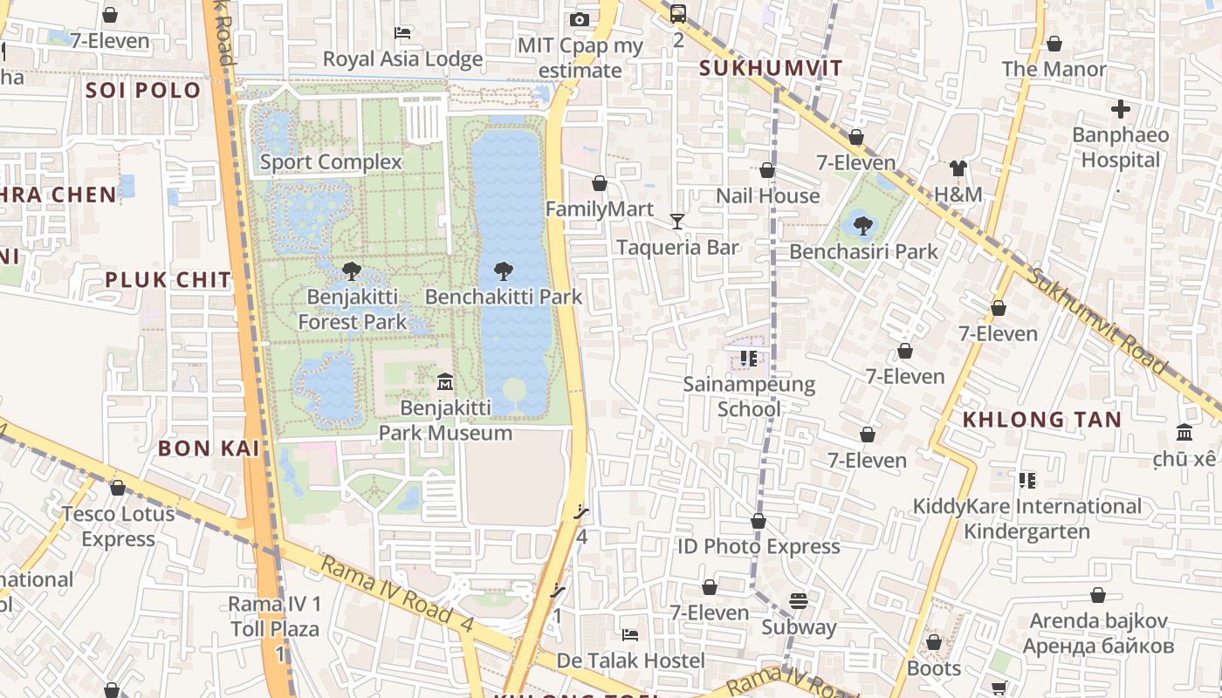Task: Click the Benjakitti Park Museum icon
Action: (x=445, y=381)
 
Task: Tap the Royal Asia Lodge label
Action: (x=402, y=59)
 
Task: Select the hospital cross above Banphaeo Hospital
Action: (x=1121, y=109)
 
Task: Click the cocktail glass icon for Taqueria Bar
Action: (x=676, y=221)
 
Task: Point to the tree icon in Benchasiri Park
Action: (x=863, y=225)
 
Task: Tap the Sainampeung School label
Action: (x=749, y=396)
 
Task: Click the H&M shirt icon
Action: (x=958, y=168)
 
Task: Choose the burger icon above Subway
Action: (x=798, y=600)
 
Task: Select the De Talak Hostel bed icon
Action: (x=629, y=633)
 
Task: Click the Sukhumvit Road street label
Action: (x=1096, y=318)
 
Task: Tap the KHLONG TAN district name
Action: (x=1041, y=420)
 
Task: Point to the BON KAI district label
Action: (x=209, y=448)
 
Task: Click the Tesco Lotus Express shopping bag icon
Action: (x=118, y=487)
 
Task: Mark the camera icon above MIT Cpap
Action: (x=579, y=19)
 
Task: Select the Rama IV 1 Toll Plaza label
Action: (x=275, y=616)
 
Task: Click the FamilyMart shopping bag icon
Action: (x=600, y=183)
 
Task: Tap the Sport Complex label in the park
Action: (x=331, y=162)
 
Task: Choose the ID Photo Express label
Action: (x=759, y=547)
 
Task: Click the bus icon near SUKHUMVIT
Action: (x=678, y=13)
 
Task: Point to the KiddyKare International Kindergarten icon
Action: (x=1026, y=480)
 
